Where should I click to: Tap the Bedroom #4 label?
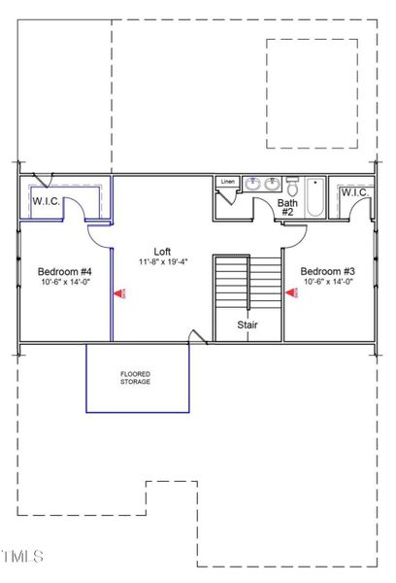pos(65,271)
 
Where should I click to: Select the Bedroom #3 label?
pos(326,271)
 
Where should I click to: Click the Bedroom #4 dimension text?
pos(65,283)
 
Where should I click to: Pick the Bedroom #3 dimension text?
pos(326,283)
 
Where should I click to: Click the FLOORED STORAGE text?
pos(136,378)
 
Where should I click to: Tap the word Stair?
pos(247,326)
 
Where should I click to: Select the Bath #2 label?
pos(287,207)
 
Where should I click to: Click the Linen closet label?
pos(228,182)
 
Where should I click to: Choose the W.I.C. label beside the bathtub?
pos(353,191)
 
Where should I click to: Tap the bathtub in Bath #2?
pos(315,197)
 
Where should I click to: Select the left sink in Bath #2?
pos(250,183)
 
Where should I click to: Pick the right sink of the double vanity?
pos(272,183)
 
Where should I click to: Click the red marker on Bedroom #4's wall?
pos(117,292)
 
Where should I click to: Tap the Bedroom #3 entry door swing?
pos(295,233)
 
